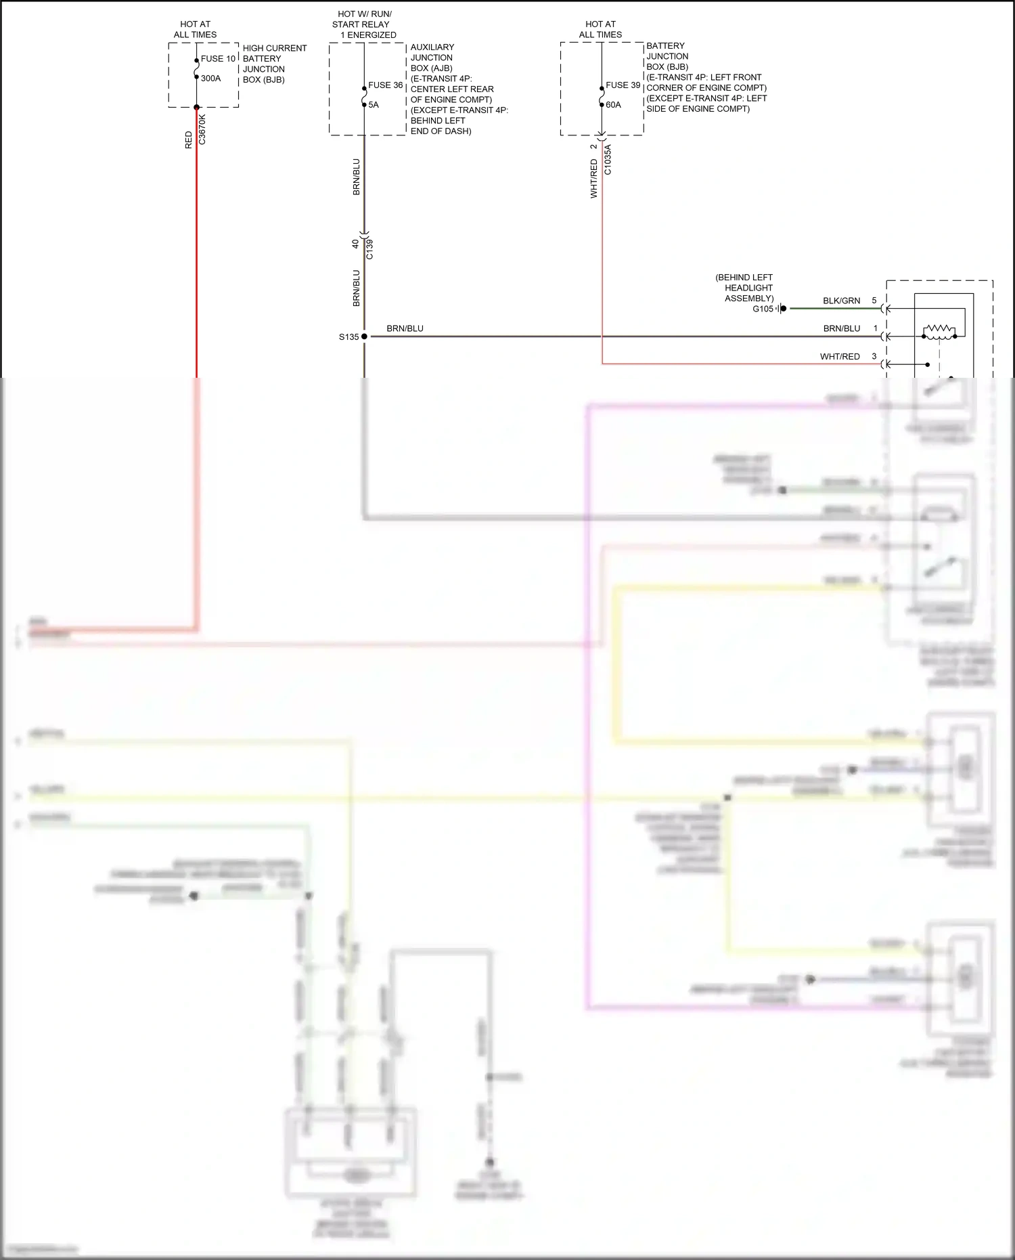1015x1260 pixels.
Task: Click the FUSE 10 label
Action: click(x=218, y=59)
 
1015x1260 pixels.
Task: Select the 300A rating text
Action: click(x=210, y=79)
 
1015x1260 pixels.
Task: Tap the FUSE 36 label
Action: click(x=385, y=85)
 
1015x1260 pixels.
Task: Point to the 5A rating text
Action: click(x=374, y=105)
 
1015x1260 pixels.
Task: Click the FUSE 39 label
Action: click(x=623, y=85)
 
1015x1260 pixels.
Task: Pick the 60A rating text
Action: click(x=613, y=105)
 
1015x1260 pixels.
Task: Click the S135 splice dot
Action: click(x=364, y=336)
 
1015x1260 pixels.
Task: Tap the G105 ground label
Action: click(x=763, y=309)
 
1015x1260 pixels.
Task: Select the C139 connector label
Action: click(x=369, y=249)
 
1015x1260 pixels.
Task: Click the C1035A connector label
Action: click(x=608, y=160)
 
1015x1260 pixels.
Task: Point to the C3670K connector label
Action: click(x=202, y=129)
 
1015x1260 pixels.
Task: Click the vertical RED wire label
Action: click(x=189, y=140)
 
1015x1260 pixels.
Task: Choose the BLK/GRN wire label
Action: click(x=841, y=301)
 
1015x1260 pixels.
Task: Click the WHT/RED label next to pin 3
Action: click(x=840, y=357)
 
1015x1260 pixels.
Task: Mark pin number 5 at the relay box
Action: click(x=874, y=301)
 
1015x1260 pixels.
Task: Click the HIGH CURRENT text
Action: click(x=275, y=48)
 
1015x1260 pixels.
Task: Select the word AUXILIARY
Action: click(x=432, y=47)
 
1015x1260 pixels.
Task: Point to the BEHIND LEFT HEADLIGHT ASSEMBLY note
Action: click(x=744, y=288)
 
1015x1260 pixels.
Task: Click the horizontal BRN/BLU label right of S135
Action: click(x=405, y=328)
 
